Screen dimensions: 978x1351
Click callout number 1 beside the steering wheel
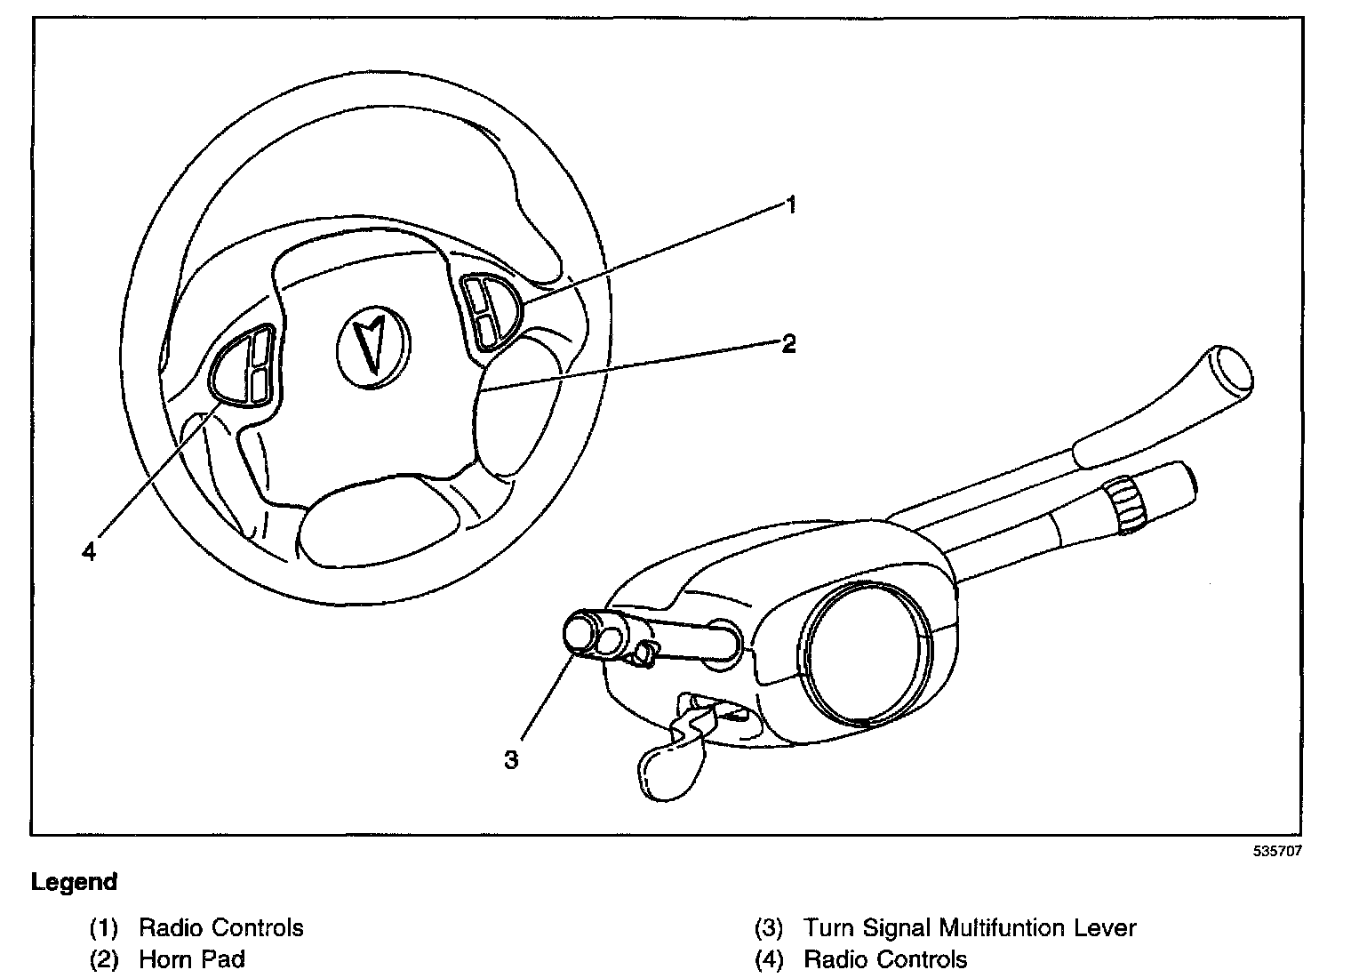point(790,206)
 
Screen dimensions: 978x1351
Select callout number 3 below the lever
point(511,759)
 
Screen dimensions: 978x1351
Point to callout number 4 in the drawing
point(88,552)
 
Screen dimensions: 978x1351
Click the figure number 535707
point(1277,850)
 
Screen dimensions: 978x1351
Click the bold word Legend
point(74,882)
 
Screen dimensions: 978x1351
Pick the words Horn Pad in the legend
point(192,959)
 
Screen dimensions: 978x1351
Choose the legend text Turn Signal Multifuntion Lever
point(970,928)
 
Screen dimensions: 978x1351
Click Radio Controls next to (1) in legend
point(221,928)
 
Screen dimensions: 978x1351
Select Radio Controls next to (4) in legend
point(885,959)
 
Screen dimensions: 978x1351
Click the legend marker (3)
point(769,928)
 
